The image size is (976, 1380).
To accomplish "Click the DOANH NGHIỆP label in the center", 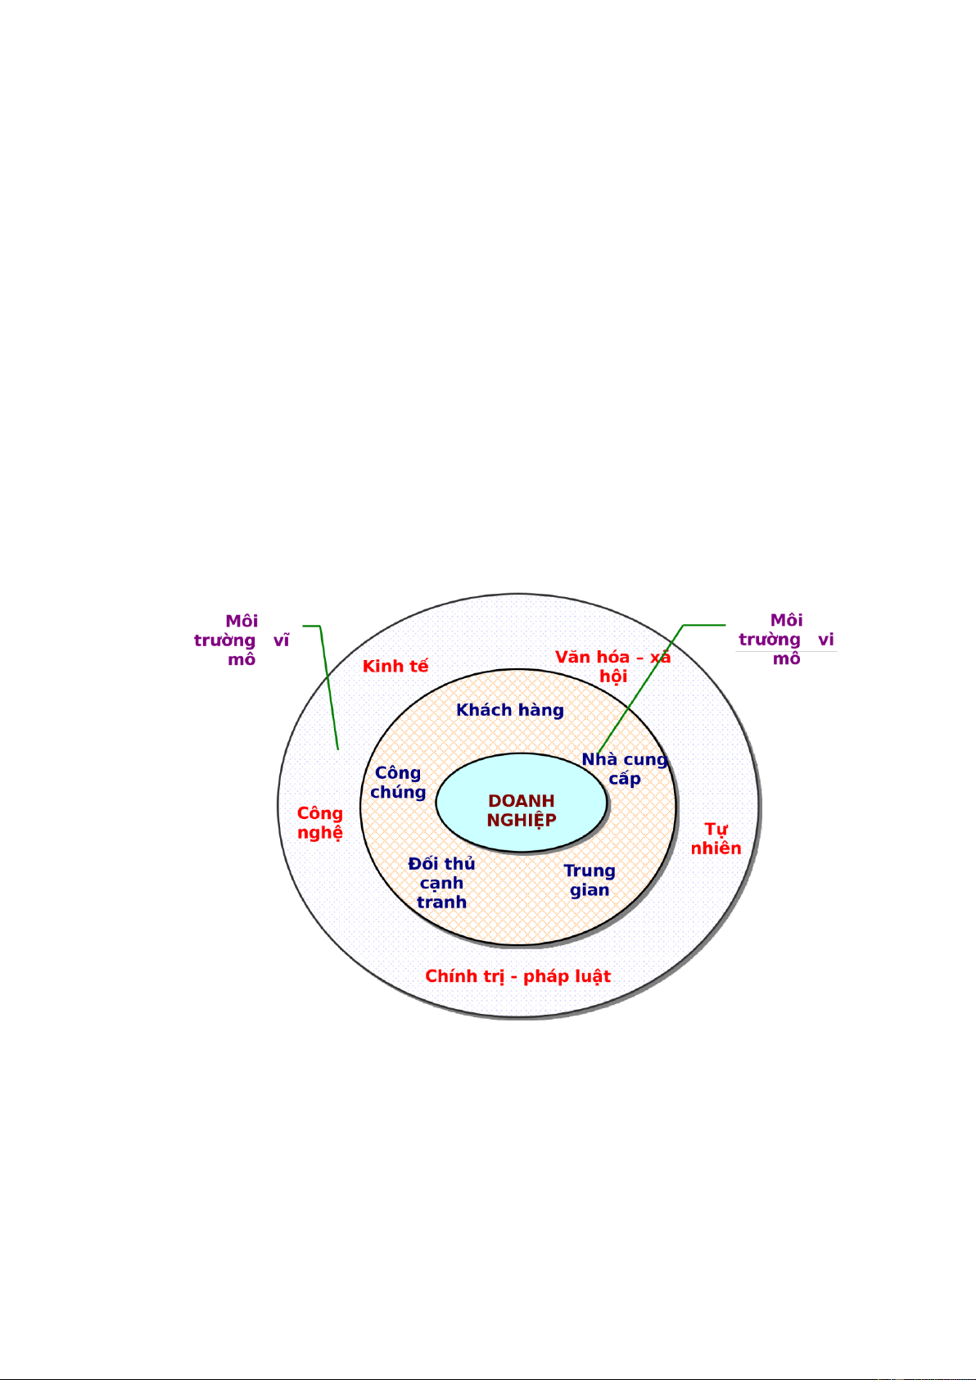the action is pyautogui.click(x=522, y=810).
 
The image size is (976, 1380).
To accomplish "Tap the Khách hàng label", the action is pyautogui.click(x=510, y=710).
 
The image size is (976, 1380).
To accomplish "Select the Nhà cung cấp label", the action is pyautogui.click(x=625, y=769).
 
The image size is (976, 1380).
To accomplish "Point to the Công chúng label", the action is pyautogui.click(x=398, y=782).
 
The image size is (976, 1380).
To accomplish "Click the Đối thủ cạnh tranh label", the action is pyautogui.click(x=441, y=883).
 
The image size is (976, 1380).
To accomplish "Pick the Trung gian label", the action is pyautogui.click(x=590, y=880).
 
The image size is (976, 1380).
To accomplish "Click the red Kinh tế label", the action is pyautogui.click(x=395, y=666).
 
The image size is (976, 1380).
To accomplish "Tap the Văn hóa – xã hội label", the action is pyautogui.click(x=612, y=667).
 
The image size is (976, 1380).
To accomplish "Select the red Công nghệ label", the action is pyautogui.click(x=320, y=823).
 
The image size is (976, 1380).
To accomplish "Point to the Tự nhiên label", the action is pyautogui.click(x=716, y=839).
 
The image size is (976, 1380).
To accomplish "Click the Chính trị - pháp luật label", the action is pyautogui.click(x=517, y=976).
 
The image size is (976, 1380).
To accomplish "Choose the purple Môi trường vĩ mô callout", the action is pyautogui.click(x=242, y=640).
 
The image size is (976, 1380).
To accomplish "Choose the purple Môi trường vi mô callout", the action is pyautogui.click(x=786, y=640).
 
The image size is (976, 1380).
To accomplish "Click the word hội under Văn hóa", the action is pyautogui.click(x=613, y=676).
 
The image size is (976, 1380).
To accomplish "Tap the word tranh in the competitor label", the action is pyautogui.click(x=441, y=903).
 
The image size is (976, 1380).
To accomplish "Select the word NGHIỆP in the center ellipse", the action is pyautogui.click(x=522, y=821).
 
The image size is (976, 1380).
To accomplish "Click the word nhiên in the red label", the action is pyautogui.click(x=716, y=848).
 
